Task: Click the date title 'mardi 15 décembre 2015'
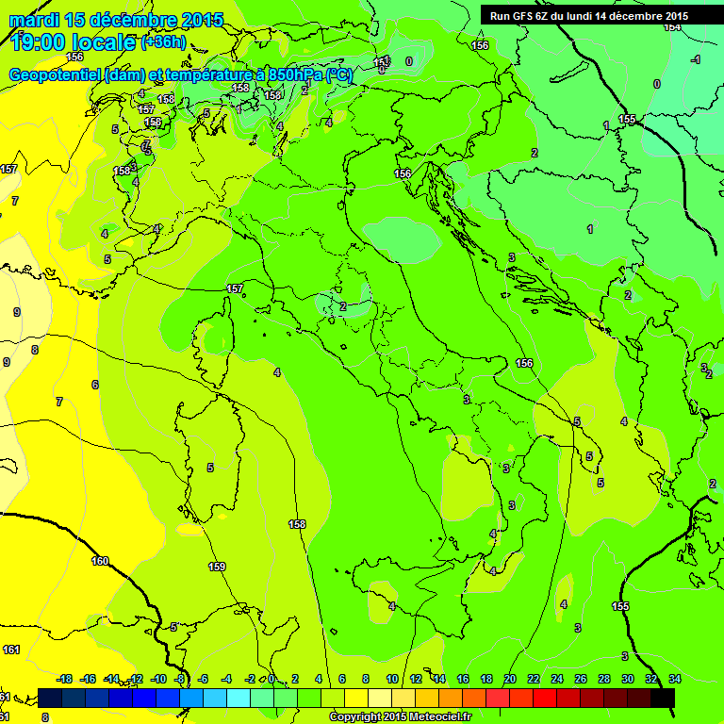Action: (116, 19)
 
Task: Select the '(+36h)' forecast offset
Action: (163, 42)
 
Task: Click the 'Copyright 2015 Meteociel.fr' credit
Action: (400, 717)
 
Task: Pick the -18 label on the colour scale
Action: (64, 679)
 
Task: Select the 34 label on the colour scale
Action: (675, 679)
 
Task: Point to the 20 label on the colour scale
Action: (510, 679)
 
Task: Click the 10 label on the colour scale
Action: (391, 679)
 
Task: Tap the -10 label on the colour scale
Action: (159, 679)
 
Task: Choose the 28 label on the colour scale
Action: (604, 679)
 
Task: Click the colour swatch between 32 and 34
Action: (664, 698)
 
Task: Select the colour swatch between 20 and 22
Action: (521, 698)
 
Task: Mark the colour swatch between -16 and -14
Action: (98, 698)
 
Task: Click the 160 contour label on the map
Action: (100, 561)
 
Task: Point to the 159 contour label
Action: (217, 567)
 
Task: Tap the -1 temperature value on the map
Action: (695, 59)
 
